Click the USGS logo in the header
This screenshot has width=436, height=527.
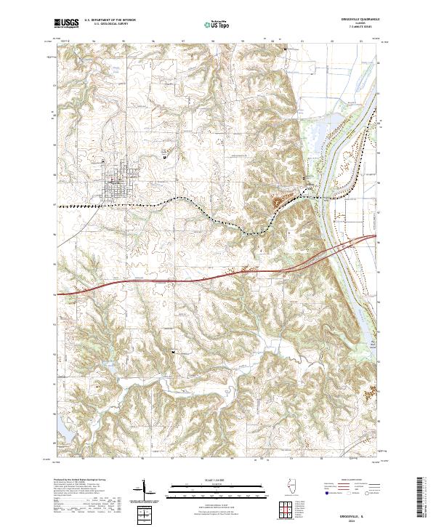(x=67, y=24)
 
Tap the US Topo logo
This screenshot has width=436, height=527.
(x=217, y=24)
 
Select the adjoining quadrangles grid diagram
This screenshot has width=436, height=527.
(x=284, y=506)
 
